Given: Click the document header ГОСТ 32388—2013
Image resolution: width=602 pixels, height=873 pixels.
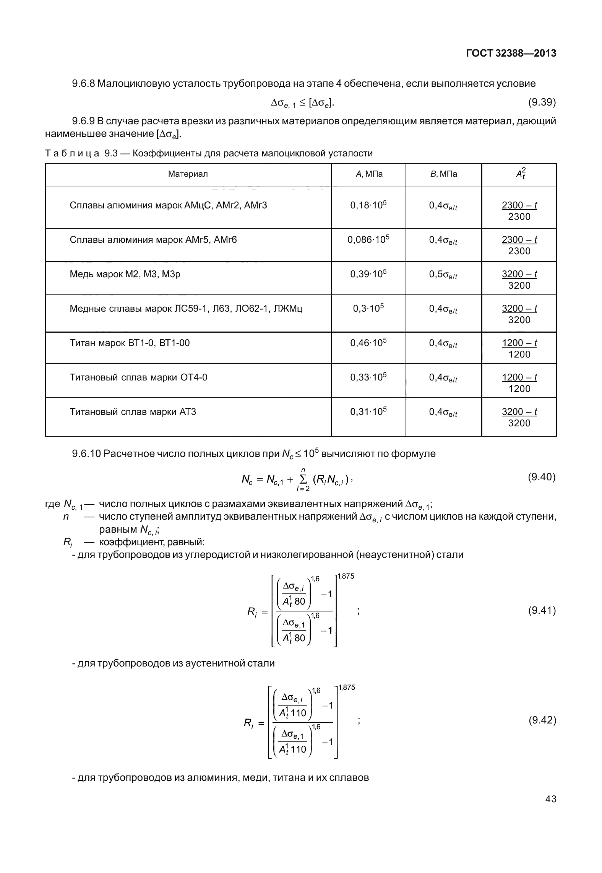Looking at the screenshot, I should [x=511, y=54].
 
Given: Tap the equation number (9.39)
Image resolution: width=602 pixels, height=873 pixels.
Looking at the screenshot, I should [x=542, y=102].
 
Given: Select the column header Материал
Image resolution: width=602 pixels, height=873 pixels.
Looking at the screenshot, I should [x=188, y=174].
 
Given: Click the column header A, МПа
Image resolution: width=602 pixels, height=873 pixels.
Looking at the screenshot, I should [x=368, y=174].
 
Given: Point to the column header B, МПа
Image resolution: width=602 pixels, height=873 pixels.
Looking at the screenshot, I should [x=443, y=174].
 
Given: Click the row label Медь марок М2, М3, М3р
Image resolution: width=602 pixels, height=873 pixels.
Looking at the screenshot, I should [x=125, y=274].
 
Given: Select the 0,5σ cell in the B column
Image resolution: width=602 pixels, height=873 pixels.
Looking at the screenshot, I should [x=443, y=275].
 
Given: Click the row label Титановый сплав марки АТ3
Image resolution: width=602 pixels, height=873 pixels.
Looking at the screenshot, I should [x=133, y=412].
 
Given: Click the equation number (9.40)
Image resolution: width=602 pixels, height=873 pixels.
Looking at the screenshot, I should [x=542, y=477].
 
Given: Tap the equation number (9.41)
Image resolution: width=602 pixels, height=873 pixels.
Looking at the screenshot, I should [x=542, y=610].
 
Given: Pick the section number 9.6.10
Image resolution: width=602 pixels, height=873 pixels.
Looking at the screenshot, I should [x=86, y=454].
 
